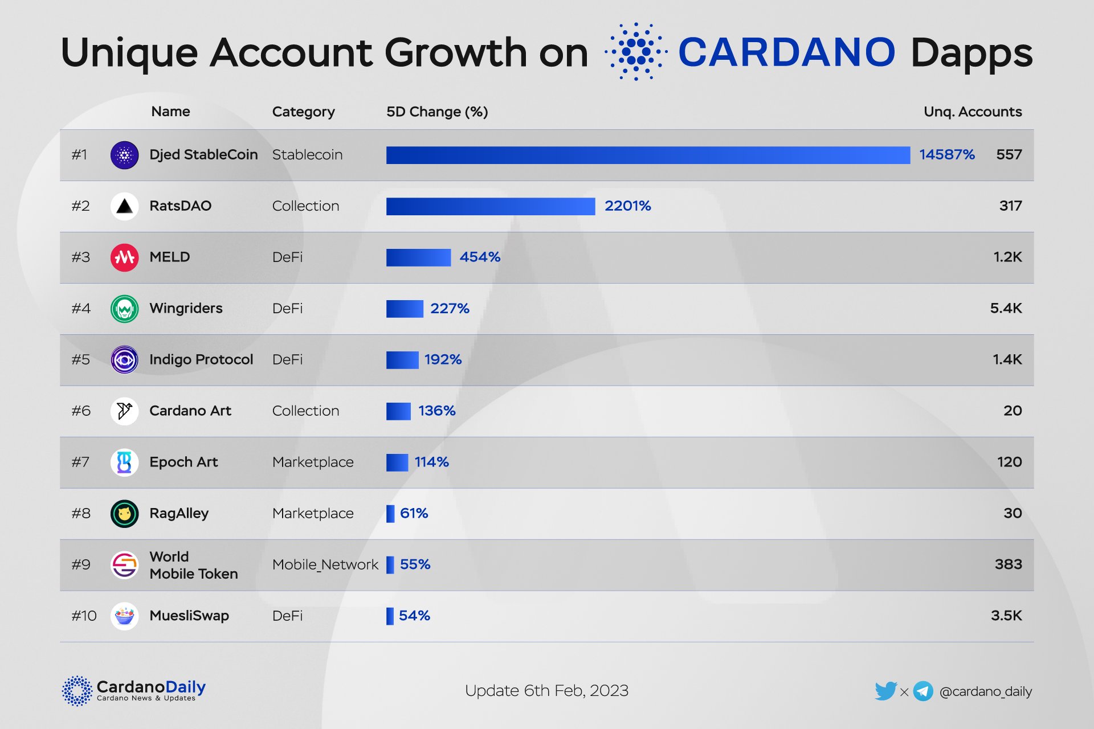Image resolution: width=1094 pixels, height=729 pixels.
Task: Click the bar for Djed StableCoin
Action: [x=648, y=155]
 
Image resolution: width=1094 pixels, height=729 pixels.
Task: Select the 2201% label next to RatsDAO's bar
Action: [x=627, y=206]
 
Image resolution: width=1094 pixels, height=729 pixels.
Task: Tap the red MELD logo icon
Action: [x=124, y=257]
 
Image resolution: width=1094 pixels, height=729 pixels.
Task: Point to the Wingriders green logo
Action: [x=124, y=309]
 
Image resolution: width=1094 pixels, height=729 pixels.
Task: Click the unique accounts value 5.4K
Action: [x=1006, y=309]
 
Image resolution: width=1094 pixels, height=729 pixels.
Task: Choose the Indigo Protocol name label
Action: [x=201, y=360]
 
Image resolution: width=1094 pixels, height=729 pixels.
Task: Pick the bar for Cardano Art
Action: [x=398, y=411]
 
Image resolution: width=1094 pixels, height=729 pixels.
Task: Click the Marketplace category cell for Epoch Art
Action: [x=313, y=462]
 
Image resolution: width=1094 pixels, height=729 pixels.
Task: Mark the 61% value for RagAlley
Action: [x=414, y=514]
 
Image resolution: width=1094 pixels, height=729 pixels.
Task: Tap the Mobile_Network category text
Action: [x=325, y=565]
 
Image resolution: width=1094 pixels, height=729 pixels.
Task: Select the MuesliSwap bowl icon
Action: [x=124, y=616]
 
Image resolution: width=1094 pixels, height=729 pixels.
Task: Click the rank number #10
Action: [x=84, y=616]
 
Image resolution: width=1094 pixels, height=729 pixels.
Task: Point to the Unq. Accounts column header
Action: [x=972, y=112]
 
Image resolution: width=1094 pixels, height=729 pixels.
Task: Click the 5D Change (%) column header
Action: [x=437, y=112]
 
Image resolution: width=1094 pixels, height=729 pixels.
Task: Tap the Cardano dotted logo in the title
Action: [x=636, y=52]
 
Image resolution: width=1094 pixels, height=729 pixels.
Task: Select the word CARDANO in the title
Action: [x=786, y=52]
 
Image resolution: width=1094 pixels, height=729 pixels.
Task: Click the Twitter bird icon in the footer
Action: [x=885, y=691]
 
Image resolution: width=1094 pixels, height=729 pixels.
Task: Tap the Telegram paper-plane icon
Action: [x=923, y=691]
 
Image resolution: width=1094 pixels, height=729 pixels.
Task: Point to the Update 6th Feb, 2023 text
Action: [x=546, y=691]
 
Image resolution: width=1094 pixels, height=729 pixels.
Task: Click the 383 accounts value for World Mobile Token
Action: [x=1008, y=565]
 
